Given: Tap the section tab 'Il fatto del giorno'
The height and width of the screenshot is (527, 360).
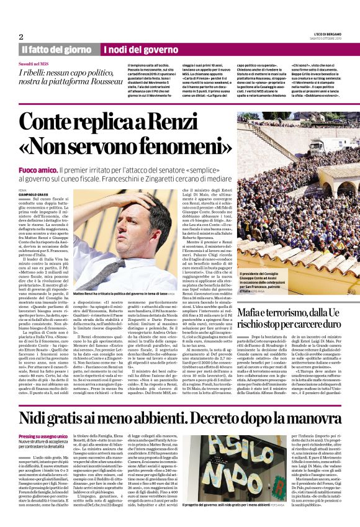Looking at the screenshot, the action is tap(56, 49).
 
